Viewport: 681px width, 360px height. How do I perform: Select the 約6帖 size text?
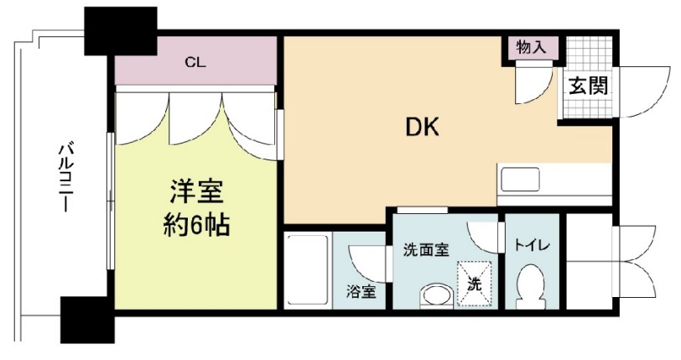point(196,225)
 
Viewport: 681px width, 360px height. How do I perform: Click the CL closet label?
point(196,63)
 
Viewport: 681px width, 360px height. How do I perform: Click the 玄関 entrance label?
point(588,86)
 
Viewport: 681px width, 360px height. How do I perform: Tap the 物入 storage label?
point(532,47)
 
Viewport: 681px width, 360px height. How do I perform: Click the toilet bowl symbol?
point(529,284)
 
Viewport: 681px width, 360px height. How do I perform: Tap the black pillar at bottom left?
point(86,320)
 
